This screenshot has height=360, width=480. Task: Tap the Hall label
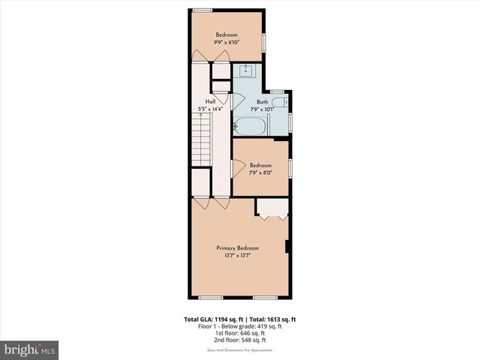point(211,102)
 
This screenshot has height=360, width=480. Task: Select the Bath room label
point(262,102)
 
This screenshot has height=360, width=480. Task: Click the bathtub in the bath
point(250,126)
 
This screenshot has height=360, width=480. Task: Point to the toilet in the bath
point(279,103)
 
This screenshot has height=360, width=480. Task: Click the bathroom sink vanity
point(246,71)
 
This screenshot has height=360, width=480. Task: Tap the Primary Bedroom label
point(237,248)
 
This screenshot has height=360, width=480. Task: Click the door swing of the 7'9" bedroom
point(238,169)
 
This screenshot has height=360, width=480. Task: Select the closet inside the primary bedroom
point(272,208)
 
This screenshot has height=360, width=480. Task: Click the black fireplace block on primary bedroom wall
point(287,247)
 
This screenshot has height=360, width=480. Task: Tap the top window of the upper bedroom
point(202,10)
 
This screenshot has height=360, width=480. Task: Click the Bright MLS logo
point(30,349)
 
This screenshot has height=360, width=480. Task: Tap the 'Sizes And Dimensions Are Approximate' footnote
point(240,349)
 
